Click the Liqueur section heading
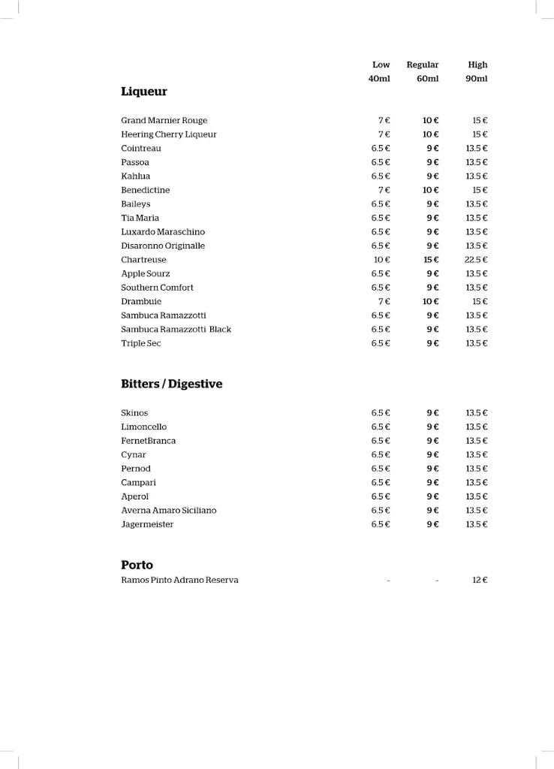coord(144,92)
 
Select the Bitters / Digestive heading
coord(172,384)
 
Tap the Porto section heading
coord(137,565)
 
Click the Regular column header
coord(423,65)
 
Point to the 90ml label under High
coord(477,79)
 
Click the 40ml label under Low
coord(379,79)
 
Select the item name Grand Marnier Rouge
coord(164,120)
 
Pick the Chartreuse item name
coord(144,260)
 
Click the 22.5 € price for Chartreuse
coord(476,260)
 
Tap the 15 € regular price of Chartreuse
coord(431,260)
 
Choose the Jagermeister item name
coord(147,524)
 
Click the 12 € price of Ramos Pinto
coord(480,581)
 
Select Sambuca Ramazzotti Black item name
coord(176,330)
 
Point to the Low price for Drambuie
coord(384,302)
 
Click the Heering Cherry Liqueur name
coord(169,134)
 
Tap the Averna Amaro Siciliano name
coord(169,511)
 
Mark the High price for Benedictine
coord(480,190)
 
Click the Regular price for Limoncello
coord(432,427)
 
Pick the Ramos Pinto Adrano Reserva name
coord(180,581)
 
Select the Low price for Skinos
coord(381,413)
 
